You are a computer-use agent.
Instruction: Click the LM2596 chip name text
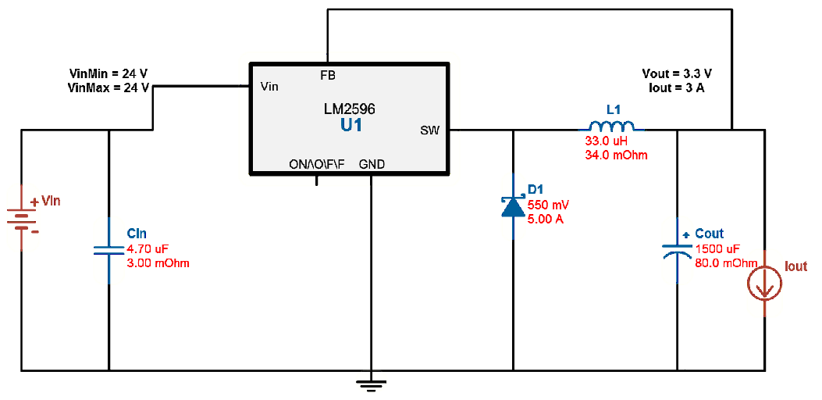[x=350, y=109]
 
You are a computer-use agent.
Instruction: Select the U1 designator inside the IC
[x=351, y=125]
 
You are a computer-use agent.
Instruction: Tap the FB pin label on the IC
[x=328, y=76]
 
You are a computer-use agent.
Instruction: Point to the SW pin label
[x=429, y=131]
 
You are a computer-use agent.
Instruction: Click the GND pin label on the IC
[x=372, y=164]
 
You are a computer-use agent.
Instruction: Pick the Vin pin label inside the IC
[x=269, y=87]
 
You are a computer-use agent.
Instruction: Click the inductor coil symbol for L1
[x=610, y=126]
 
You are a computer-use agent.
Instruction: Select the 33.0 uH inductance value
[x=607, y=141]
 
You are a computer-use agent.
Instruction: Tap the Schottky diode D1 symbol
[x=513, y=206]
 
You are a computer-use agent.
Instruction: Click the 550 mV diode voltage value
[x=549, y=205]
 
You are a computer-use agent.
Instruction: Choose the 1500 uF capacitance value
[x=717, y=248]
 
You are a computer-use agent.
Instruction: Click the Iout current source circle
[x=764, y=285]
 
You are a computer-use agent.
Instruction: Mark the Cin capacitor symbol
[x=109, y=249]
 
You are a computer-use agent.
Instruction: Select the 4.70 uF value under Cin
[x=148, y=249]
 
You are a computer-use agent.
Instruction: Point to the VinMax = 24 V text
[x=109, y=88]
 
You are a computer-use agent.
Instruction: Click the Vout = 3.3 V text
[x=677, y=73]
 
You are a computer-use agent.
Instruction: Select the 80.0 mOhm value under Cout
[x=726, y=262]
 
